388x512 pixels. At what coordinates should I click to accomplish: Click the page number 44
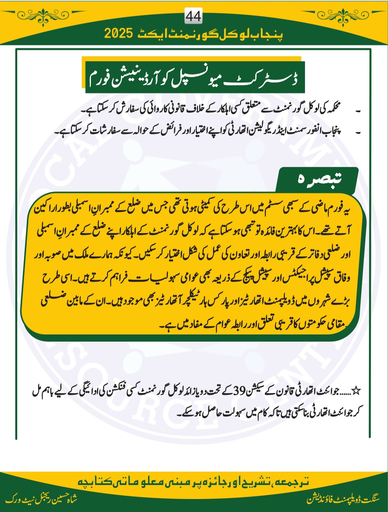[x=193, y=16]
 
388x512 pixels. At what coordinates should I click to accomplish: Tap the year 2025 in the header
[x=119, y=33]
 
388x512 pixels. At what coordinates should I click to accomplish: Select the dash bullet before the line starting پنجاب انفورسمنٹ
[x=358, y=132]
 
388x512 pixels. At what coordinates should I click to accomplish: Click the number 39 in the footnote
[x=239, y=390]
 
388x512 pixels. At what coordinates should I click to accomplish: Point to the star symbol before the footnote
[x=356, y=391]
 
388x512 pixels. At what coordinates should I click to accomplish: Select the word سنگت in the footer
[x=370, y=499]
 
